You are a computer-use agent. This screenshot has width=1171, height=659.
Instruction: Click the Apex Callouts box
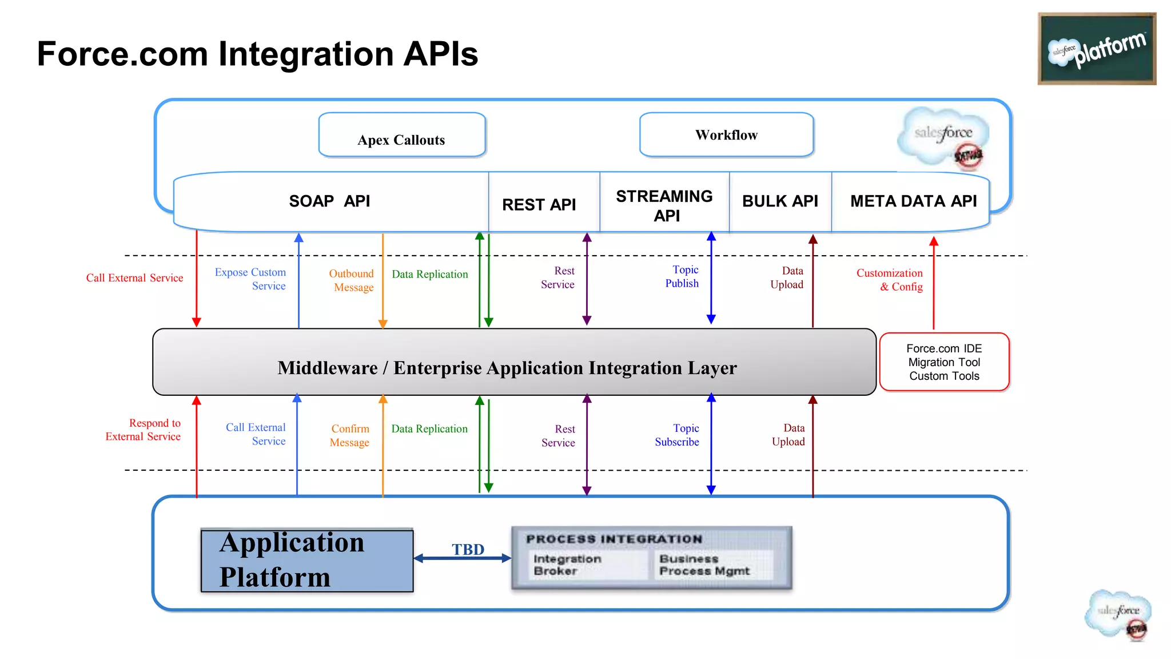coord(401,136)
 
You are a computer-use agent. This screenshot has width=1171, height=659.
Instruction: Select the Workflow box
coord(726,135)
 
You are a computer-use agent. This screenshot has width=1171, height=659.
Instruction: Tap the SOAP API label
coord(329,201)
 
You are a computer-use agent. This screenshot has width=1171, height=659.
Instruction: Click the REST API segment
coord(539,205)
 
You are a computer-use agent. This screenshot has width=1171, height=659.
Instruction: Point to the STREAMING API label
coord(664,206)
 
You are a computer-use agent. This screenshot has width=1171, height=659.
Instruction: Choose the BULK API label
coord(780,201)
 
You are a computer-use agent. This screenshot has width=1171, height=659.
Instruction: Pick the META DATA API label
coord(913,201)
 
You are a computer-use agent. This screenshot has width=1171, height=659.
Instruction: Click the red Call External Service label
coord(134,278)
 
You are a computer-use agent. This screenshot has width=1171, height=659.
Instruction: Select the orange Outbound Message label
coord(352,280)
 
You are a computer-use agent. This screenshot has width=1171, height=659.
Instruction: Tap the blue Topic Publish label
coord(682,276)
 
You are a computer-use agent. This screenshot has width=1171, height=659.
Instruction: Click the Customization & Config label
coord(890,280)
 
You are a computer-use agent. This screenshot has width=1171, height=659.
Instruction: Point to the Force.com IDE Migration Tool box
coord(944,362)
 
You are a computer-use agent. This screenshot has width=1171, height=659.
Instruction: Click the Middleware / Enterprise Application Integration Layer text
coord(507,368)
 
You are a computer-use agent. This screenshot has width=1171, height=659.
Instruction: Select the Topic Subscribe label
coord(678,435)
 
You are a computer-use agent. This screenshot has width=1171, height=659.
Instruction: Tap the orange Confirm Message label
coord(350,435)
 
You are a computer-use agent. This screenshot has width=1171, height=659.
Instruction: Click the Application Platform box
coord(307,560)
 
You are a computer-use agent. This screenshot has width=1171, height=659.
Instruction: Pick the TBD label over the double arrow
coord(468,549)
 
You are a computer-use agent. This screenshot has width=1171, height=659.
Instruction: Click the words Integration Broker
coord(567,565)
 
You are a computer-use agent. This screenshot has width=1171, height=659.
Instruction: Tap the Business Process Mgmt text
coord(704,565)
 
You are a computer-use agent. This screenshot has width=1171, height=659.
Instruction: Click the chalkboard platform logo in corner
coord(1096,49)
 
